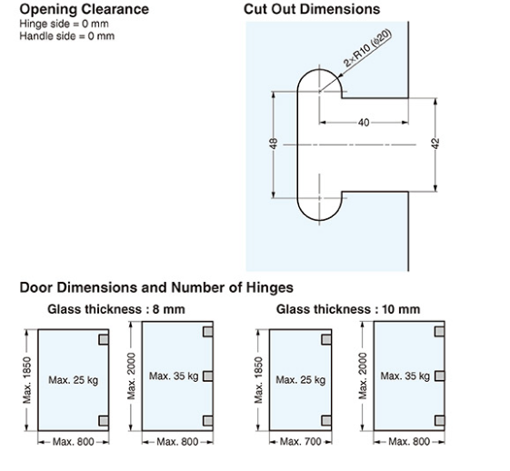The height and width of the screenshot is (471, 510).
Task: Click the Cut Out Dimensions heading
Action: coord(312,9)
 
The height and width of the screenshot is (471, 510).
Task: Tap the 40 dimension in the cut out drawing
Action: coord(364,121)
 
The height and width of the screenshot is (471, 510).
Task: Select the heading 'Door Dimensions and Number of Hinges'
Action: coord(156,288)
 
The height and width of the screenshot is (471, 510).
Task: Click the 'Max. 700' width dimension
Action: coord(296,442)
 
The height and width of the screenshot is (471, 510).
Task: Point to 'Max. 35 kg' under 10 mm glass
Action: coord(405,376)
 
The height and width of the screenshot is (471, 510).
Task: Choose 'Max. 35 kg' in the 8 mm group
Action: coord(173,376)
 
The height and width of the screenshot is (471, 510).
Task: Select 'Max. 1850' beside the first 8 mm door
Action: coord(27,378)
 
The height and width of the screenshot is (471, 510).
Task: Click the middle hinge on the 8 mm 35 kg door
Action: coord(207,375)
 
